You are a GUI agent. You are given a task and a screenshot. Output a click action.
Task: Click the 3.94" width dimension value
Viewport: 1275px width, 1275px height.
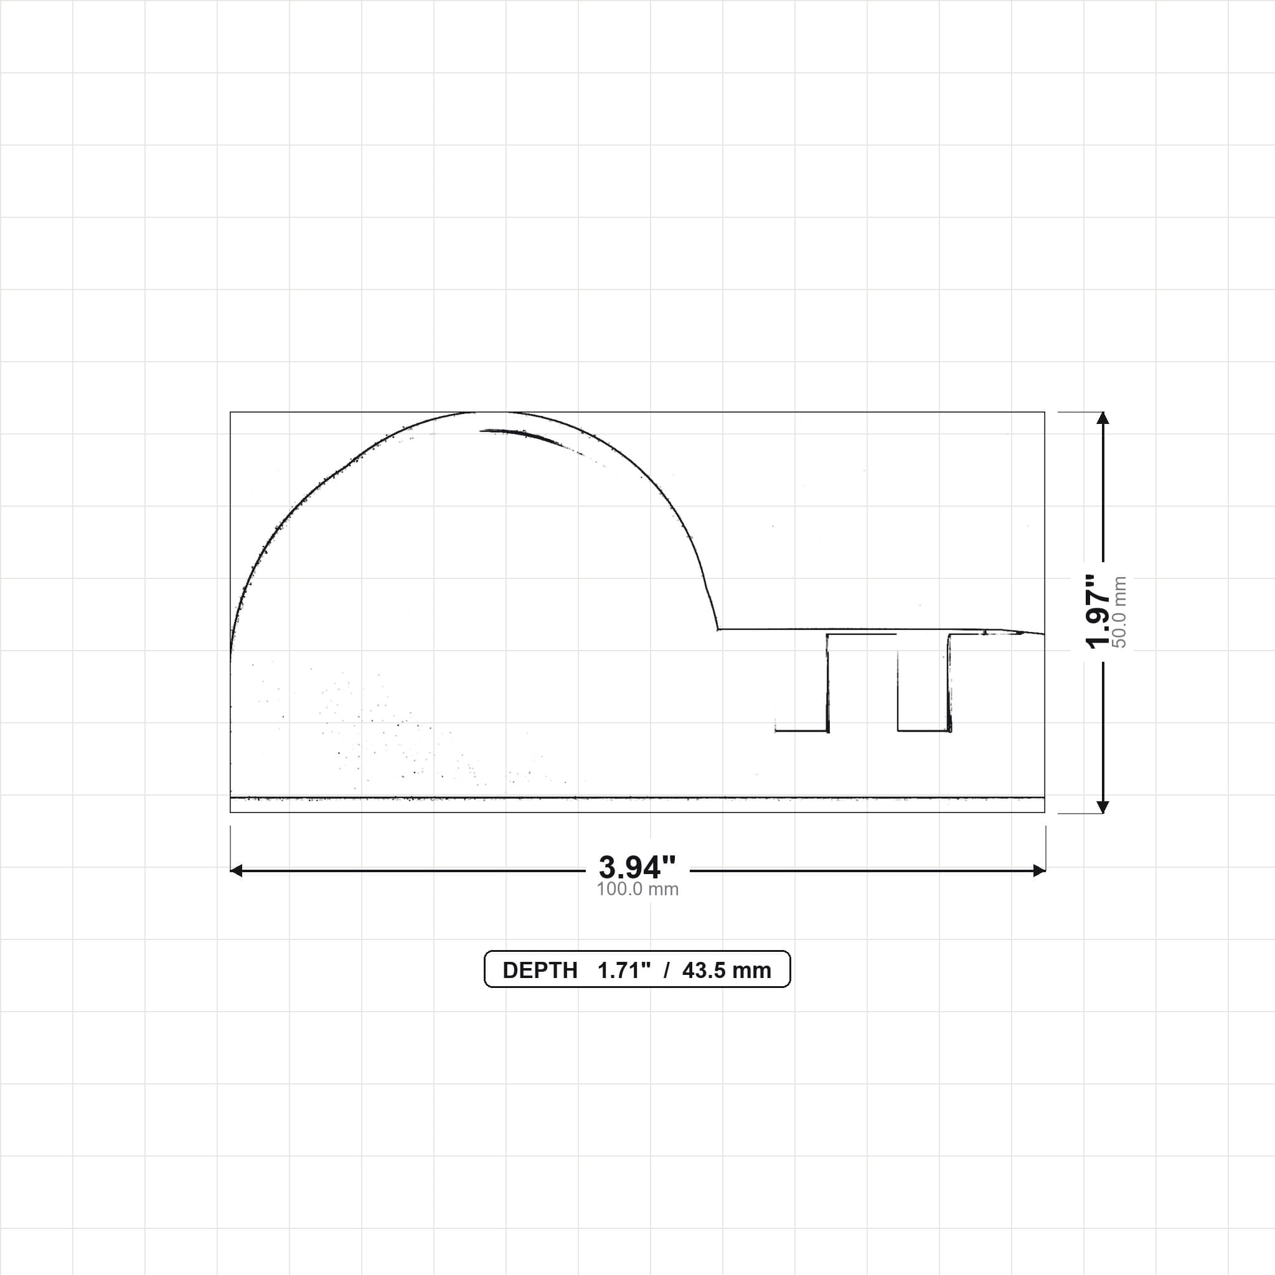[x=637, y=867]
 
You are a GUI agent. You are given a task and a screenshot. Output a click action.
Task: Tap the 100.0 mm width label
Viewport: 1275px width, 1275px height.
[x=637, y=889]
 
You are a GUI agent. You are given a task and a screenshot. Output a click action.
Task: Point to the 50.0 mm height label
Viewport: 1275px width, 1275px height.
[x=1119, y=613]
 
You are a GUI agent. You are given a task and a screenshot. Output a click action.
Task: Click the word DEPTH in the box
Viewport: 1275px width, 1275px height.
[x=540, y=970]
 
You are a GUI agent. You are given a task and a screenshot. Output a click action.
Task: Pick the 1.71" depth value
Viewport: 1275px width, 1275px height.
[x=624, y=970]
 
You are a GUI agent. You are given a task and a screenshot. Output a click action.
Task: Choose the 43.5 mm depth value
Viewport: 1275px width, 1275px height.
[x=727, y=970]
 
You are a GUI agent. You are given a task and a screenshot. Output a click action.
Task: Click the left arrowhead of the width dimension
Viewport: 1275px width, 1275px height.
[x=235, y=870]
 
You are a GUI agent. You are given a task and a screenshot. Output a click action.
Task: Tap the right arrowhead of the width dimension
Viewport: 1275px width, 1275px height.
[x=1040, y=870]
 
